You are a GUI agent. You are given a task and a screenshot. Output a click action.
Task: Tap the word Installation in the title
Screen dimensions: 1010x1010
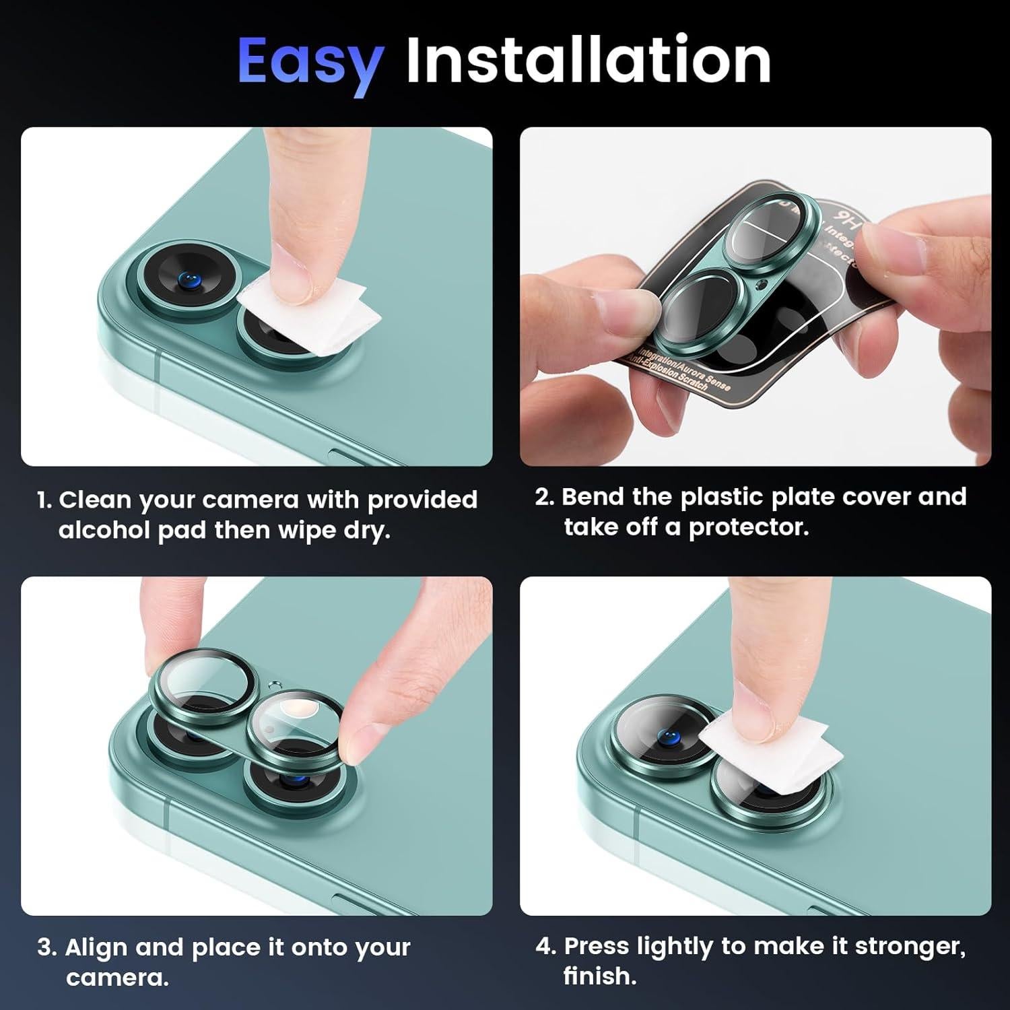click(588, 61)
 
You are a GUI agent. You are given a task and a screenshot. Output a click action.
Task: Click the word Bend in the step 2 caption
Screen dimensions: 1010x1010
click(593, 496)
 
